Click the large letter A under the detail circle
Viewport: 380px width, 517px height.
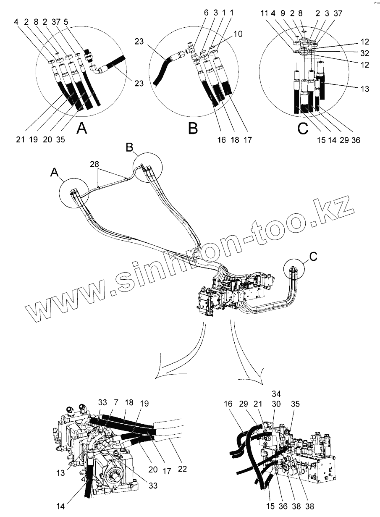83,129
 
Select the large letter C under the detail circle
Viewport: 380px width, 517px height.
303,129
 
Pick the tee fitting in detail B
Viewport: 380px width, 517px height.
190,52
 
